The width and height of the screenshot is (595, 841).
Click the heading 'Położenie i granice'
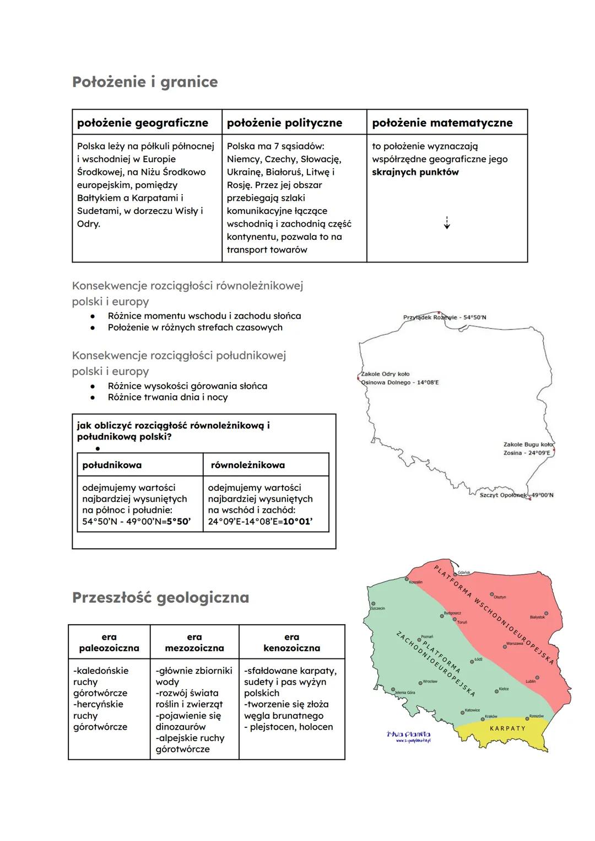pos(145,82)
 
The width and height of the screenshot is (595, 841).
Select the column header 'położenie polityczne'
pos(284,123)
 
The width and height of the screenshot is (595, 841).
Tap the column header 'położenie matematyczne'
pos(442,123)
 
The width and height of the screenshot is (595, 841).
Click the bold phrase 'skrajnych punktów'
pos(415,172)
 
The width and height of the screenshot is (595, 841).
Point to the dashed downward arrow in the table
pos(447,222)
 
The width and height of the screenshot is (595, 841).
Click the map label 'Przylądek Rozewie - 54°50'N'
pos(445,318)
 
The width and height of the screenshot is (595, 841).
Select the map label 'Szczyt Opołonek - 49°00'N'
pos(516,495)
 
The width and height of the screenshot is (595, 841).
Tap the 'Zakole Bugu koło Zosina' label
pos(527,448)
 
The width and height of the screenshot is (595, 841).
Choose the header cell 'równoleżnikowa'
pos(248,465)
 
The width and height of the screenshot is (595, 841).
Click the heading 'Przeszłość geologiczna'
pos(160,598)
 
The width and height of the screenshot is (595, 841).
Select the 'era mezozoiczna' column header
pos(194,642)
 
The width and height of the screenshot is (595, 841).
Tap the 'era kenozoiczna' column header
pos(291,642)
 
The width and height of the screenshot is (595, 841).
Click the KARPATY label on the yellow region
pos(507,728)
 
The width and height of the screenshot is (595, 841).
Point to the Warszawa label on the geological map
pos(514,644)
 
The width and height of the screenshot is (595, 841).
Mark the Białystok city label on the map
pos(537,617)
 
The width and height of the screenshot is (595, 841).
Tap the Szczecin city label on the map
pos(378,608)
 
